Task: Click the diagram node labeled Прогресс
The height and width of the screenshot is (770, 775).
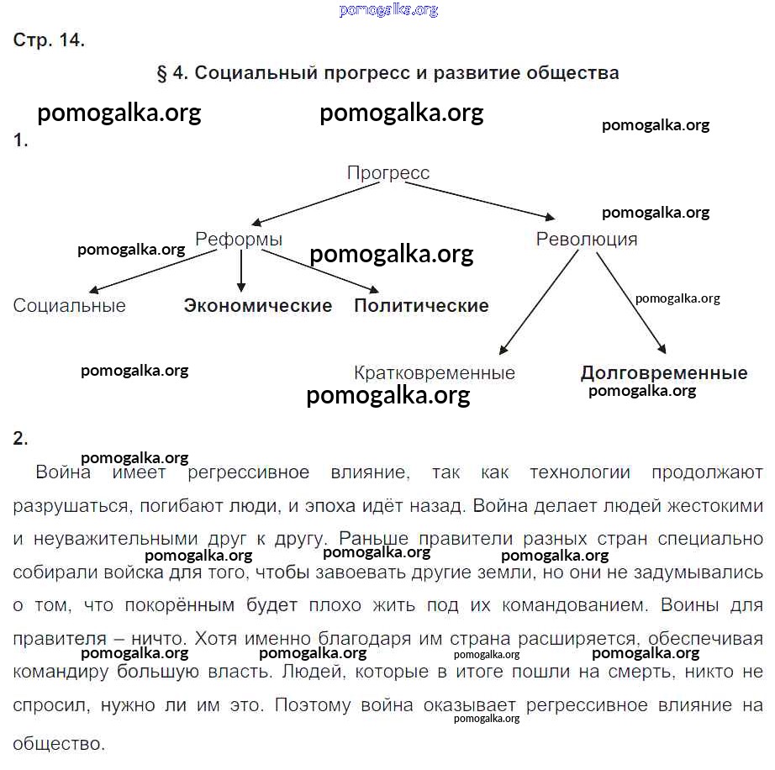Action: (388, 173)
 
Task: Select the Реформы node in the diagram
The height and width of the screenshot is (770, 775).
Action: (239, 240)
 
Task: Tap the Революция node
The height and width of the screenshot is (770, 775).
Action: (587, 240)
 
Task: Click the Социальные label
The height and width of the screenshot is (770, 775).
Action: (70, 306)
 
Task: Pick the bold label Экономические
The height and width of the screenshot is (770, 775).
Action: (258, 306)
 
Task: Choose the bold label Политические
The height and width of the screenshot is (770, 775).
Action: (421, 306)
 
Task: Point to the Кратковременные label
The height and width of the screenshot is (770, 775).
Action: (435, 372)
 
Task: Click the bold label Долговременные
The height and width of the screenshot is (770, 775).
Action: (664, 373)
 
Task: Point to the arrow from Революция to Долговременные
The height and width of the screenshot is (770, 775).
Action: (631, 303)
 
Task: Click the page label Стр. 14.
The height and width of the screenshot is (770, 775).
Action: (49, 40)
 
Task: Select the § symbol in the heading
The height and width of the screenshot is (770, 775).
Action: (162, 73)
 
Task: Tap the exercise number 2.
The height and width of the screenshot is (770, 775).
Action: (20, 438)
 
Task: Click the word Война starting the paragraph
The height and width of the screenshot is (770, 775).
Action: (63, 472)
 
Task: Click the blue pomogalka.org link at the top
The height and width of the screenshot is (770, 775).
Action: (388, 10)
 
